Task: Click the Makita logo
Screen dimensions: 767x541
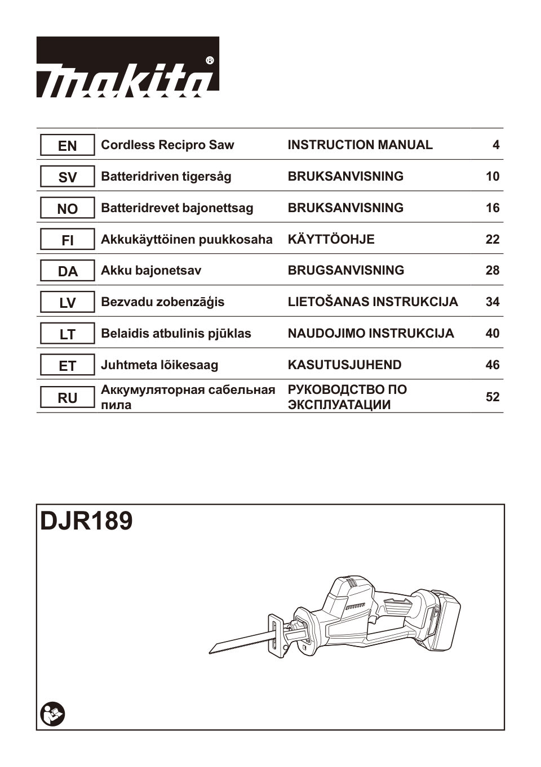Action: click(x=127, y=68)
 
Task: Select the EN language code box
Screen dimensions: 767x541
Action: click(x=67, y=146)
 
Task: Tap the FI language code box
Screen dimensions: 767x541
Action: click(x=67, y=240)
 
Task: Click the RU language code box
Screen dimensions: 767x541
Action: click(x=67, y=398)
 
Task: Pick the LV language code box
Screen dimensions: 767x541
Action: click(x=67, y=303)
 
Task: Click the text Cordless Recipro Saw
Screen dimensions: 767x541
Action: click(x=167, y=145)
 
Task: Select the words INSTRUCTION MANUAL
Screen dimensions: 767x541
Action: click(x=360, y=145)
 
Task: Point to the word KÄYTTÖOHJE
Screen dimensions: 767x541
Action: click(x=331, y=240)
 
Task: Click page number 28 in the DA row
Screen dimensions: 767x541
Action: click(x=492, y=271)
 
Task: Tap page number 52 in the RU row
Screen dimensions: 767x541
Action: click(x=492, y=397)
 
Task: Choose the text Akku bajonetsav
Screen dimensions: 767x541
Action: click(x=150, y=271)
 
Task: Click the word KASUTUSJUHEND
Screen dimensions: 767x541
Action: click(x=344, y=365)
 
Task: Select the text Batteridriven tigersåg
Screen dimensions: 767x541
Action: click(x=166, y=177)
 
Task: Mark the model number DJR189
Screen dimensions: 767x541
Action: click(x=86, y=521)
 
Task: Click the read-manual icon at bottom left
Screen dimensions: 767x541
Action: click(x=53, y=714)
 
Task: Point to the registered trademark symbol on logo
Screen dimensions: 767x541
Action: click(x=210, y=60)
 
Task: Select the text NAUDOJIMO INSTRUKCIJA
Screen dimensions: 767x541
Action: click(x=370, y=334)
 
